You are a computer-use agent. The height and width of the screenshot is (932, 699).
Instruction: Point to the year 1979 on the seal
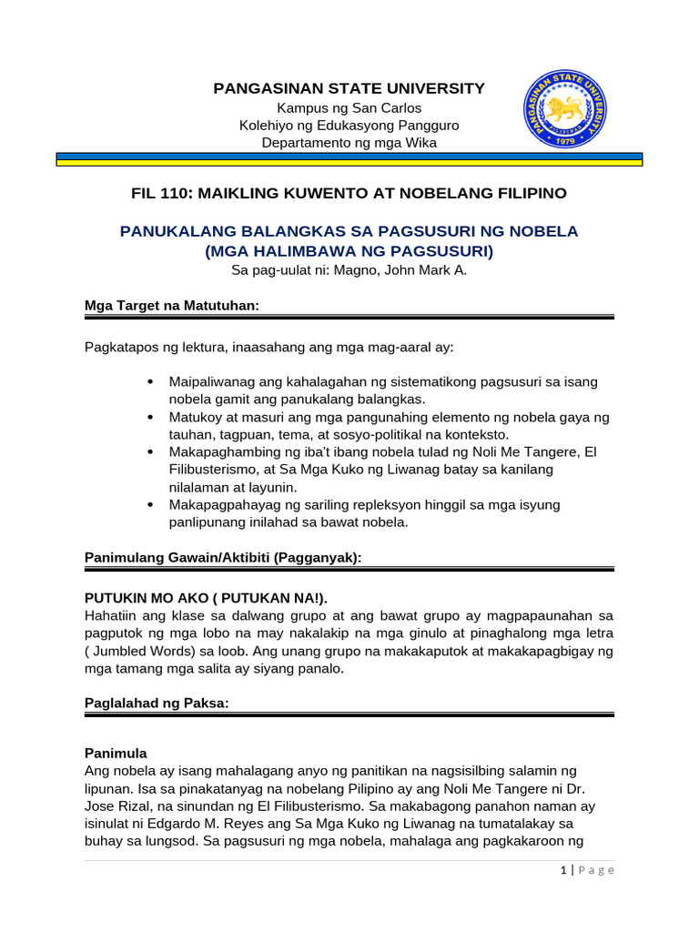(566, 143)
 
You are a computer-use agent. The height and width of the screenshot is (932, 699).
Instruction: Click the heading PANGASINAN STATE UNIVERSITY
(349, 88)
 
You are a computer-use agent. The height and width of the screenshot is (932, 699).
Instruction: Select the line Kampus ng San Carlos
(349, 107)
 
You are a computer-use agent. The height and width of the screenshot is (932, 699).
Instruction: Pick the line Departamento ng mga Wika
(349, 142)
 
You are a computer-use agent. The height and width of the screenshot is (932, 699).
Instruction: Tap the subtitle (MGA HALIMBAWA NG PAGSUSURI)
(349, 250)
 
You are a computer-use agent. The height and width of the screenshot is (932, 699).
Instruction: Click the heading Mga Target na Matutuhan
(172, 307)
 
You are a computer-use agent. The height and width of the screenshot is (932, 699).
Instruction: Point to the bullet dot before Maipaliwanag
(149, 381)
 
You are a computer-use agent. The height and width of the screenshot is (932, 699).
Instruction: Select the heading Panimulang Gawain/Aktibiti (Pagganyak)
(223, 557)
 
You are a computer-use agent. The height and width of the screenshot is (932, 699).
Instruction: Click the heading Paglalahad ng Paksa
(156, 703)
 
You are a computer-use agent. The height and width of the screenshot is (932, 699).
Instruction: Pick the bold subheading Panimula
(116, 754)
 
